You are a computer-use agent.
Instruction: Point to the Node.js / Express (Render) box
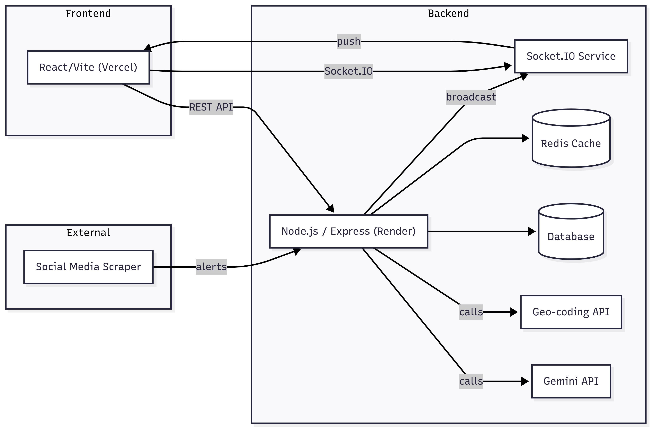(x=348, y=231)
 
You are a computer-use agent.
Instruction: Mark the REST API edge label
(x=211, y=107)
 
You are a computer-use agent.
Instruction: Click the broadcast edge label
(x=471, y=97)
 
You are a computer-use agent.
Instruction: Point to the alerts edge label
(x=211, y=267)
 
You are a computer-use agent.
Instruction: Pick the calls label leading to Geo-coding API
(x=471, y=312)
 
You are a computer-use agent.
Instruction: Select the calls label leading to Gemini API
(x=471, y=381)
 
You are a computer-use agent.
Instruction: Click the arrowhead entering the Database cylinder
(x=532, y=231)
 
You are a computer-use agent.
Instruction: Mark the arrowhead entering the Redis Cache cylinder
(x=525, y=138)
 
